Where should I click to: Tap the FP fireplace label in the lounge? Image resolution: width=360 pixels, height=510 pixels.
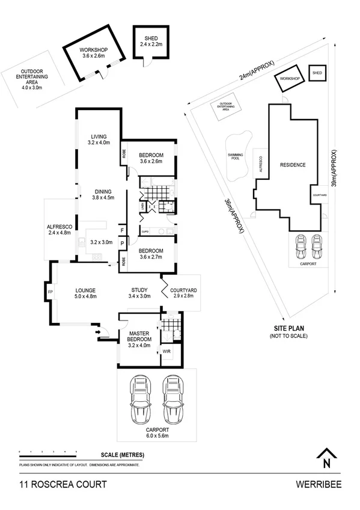pyautogui.click(x=50, y=293)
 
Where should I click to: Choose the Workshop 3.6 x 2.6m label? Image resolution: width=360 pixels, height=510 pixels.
pyautogui.click(x=94, y=54)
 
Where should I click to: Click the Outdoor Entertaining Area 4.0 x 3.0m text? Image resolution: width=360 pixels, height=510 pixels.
pyautogui.click(x=33, y=80)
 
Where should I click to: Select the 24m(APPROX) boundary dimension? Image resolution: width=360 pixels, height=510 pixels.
pyautogui.click(x=255, y=72)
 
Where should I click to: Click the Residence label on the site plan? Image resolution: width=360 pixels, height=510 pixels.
pyautogui.click(x=293, y=165)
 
